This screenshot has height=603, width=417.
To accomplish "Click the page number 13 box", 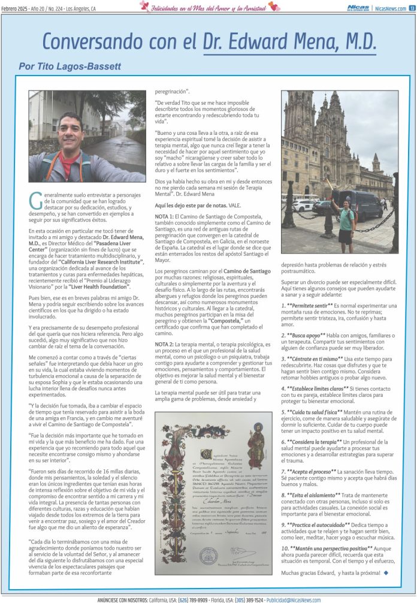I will coord(412,8).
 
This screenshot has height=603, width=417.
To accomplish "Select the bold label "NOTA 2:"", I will coord(166,345).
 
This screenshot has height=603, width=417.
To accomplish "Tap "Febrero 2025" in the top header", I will coord(15,8).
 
